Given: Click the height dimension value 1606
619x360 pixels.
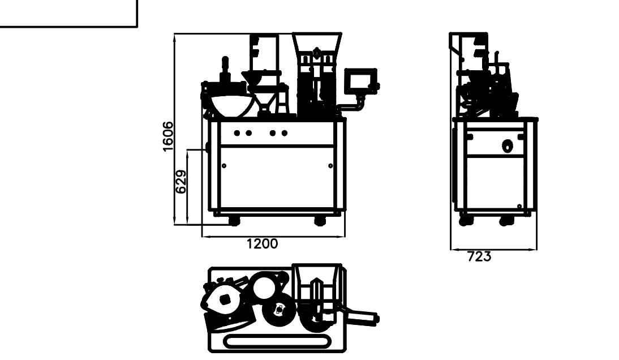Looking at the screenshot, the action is point(168,136).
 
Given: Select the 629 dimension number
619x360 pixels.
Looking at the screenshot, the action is point(180,182).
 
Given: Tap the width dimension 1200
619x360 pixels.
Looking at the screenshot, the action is point(262,243).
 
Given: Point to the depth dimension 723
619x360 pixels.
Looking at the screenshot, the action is point(479,256).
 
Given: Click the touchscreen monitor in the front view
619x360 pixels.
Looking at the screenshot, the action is point(361,81).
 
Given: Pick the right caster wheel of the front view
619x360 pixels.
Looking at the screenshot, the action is point(320,221).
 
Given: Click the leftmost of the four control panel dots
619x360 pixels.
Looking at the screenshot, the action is point(237,133).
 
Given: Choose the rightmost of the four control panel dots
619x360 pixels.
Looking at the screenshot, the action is point(284,133).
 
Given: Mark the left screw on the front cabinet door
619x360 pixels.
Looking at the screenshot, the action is point(224,166).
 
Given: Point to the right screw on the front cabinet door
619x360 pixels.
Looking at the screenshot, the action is point(330,166).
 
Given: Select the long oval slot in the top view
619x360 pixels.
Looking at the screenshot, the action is point(277,342).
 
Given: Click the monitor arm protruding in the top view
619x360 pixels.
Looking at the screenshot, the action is point(362,317).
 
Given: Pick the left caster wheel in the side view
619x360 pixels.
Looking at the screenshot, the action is point(466,221).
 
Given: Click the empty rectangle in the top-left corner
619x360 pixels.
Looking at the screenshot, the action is point(68,14).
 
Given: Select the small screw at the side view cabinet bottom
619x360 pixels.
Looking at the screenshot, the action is point(519,206).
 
